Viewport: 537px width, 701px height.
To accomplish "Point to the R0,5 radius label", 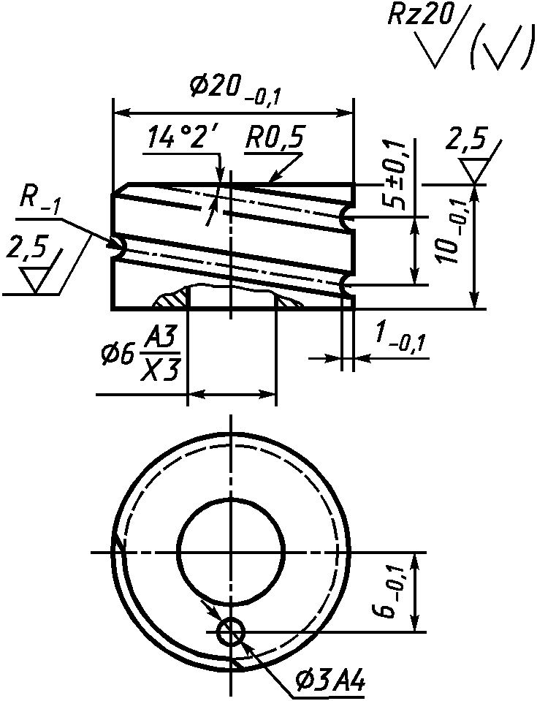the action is pos(273,139).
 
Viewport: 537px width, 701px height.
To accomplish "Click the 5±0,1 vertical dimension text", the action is pos(394,175).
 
